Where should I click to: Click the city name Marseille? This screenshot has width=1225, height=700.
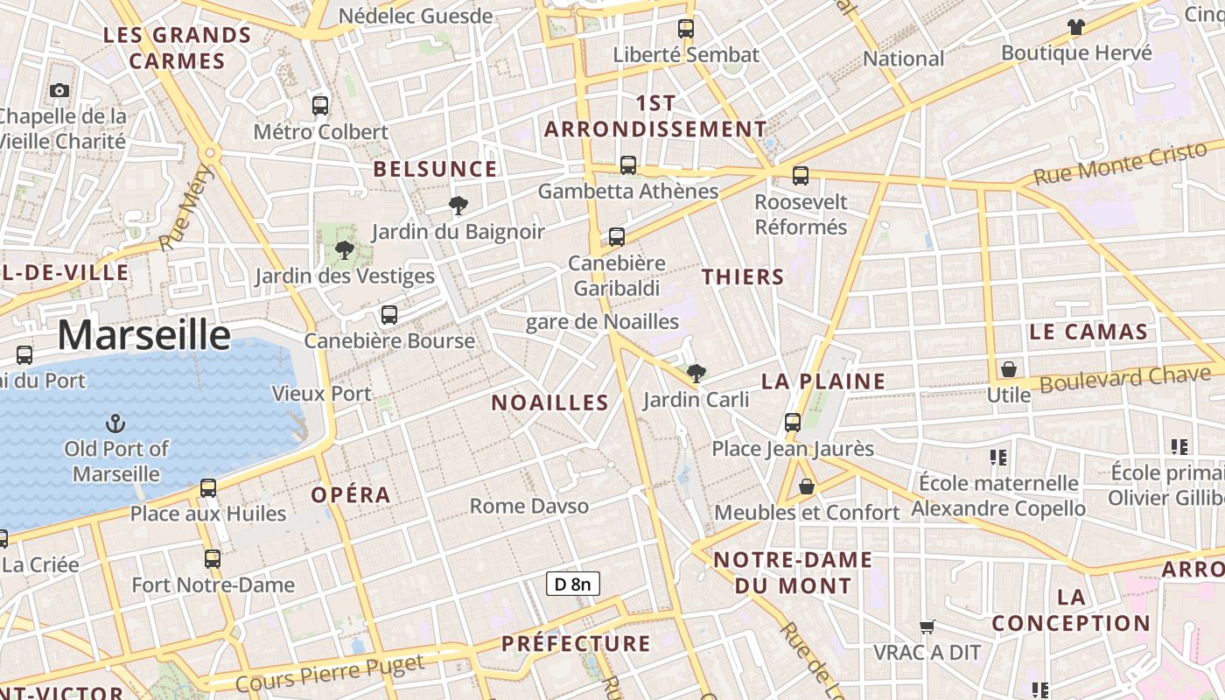(x=144, y=335)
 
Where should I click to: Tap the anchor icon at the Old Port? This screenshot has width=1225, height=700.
(x=115, y=424)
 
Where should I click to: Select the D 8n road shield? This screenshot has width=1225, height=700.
(x=573, y=584)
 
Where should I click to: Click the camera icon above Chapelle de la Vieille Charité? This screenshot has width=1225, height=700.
(x=59, y=90)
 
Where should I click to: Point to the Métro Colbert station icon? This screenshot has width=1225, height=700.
(x=320, y=106)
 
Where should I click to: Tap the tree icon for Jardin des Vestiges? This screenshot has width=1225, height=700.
(x=345, y=250)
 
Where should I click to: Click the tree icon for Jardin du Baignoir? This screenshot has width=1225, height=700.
(x=458, y=206)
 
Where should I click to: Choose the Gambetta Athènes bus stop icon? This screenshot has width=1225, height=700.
(x=628, y=164)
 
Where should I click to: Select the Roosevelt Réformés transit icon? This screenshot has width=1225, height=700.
(x=801, y=176)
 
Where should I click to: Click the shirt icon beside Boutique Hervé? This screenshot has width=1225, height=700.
(x=1076, y=27)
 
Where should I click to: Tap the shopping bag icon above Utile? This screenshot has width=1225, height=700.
(x=1009, y=369)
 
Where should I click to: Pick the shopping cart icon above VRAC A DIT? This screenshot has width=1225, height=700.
(x=927, y=626)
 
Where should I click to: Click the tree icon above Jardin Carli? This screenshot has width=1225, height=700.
(x=696, y=374)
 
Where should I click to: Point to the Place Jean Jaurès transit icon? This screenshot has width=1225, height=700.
(x=793, y=423)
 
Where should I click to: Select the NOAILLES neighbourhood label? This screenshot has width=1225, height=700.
(x=549, y=402)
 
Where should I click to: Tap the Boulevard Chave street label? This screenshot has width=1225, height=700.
(x=1125, y=380)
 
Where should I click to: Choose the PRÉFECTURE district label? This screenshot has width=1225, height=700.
(x=576, y=644)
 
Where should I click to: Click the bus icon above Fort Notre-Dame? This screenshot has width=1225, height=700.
(x=213, y=558)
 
